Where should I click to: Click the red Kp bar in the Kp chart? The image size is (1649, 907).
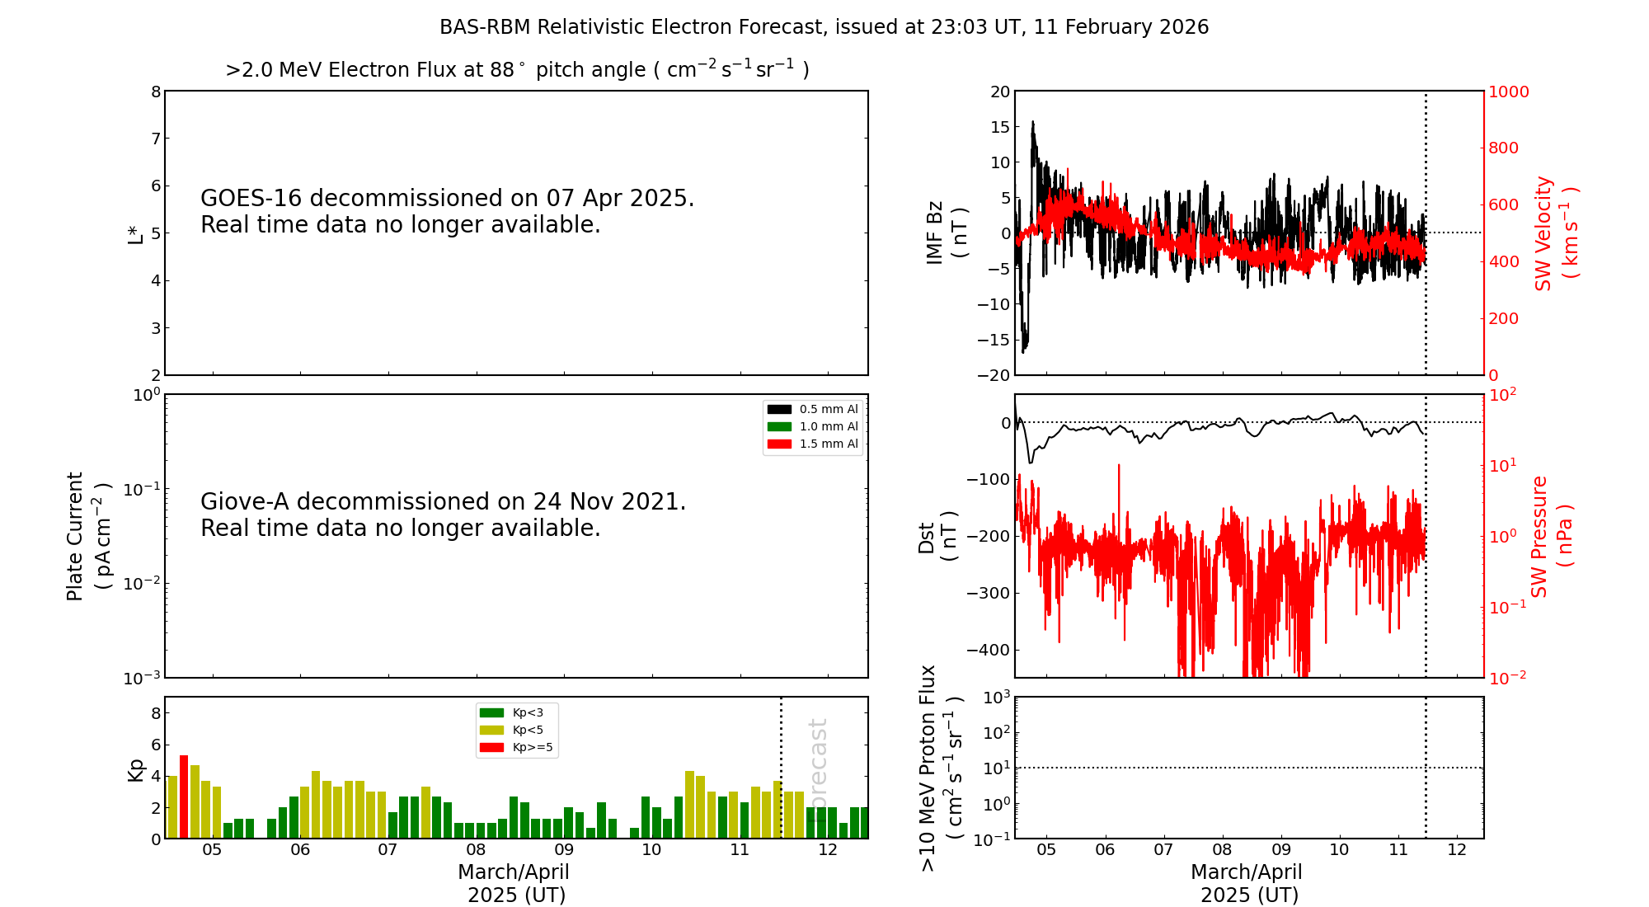(184, 797)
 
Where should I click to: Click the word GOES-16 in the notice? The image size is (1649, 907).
(251, 199)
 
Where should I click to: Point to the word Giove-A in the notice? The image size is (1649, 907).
(245, 502)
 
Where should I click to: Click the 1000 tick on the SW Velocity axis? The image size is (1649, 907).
(1508, 92)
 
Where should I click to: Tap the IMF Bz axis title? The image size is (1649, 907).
(946, 233)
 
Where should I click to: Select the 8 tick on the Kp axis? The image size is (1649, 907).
(156, 713)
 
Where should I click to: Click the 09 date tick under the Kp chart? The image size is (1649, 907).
(564, 851)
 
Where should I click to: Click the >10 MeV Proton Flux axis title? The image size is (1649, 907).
(941, 768)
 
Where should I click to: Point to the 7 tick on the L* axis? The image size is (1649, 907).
(156, 139)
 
